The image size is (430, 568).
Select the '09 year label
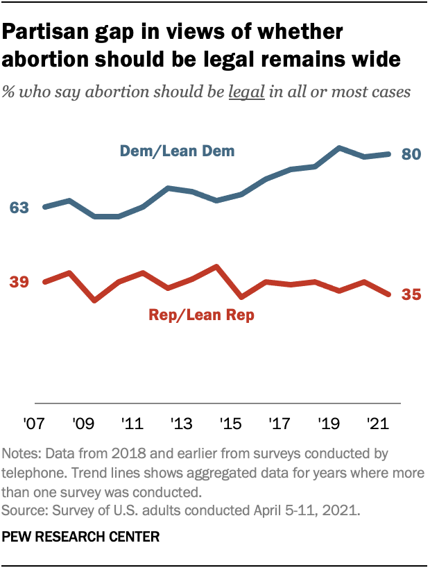[83, 423]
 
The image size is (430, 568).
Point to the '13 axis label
[181, 423]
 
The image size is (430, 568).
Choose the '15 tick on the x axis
[230, 423]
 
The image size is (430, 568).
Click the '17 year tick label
[279, 423]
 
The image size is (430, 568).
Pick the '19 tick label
[329, 423]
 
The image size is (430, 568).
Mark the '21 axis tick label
[377, 423]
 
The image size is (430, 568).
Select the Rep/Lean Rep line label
[202, 315]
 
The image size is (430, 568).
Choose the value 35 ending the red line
[411, 295]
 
